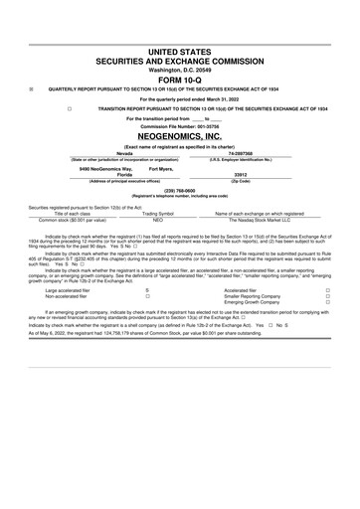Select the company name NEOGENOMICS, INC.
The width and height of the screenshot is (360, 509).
point(179,138)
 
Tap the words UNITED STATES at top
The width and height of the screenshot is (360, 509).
point(179,48)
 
